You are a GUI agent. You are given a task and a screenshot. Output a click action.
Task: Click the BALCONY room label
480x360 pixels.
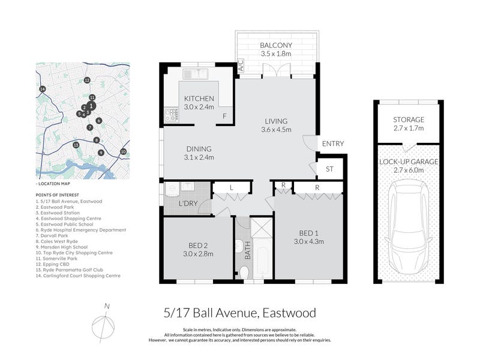[276, 46]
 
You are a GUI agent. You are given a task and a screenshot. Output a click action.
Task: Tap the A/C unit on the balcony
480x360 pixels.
[241, 65]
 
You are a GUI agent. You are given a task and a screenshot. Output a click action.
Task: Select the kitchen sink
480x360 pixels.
[196, 74]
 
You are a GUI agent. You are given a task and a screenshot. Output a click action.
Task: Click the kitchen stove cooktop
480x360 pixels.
[171, 115]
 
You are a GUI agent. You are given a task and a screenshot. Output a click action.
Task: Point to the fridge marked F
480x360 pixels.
[224, 116]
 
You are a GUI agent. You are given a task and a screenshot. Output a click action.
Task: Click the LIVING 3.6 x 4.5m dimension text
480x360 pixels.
[276, 130]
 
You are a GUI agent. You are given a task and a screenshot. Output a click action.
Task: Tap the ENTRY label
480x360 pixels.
[333, 143]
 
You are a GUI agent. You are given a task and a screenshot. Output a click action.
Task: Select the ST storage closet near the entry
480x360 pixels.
[329, 169]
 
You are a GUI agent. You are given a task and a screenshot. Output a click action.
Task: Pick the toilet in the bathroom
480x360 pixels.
[244, 272]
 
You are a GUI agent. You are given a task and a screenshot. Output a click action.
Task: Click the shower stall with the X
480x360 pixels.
[262, 227]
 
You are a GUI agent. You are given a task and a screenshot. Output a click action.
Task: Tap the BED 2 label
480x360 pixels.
[198, 245]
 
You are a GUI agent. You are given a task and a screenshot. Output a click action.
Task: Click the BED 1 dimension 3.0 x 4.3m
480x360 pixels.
[308, 242]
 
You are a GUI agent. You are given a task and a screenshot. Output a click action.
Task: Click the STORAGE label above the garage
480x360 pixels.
[409, 119]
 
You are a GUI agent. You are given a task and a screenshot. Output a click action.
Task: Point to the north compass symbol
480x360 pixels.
[103, 324]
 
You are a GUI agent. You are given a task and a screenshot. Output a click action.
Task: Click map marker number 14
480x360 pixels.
[43, 89]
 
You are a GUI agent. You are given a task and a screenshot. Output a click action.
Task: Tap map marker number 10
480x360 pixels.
[123, 152]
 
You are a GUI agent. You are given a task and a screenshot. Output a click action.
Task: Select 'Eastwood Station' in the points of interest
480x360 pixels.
[60, 213]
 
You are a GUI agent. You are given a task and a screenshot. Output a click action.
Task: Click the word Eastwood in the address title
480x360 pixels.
[289, 313]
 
